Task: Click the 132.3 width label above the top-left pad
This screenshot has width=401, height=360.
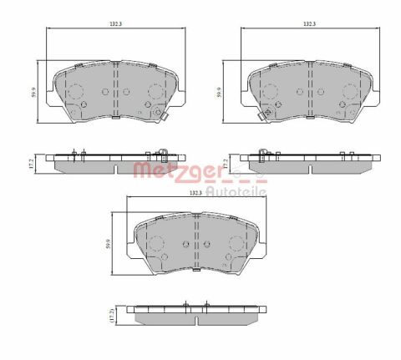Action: point(115,24)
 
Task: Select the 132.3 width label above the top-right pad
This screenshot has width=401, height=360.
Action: point(310,24)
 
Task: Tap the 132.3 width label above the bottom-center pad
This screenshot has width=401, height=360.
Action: point(195,193)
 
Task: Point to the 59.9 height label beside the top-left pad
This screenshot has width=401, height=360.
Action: point(33,92)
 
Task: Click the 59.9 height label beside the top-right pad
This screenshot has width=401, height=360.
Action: point(219,92)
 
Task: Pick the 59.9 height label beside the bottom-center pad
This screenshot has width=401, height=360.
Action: point(109,244)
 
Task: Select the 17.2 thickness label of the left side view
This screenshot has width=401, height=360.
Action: point(32,164)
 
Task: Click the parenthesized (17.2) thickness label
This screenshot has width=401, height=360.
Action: point(112,315)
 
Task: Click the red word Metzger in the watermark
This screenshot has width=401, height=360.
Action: point(178,170)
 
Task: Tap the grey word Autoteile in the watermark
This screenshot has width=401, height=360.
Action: point(236,191)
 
